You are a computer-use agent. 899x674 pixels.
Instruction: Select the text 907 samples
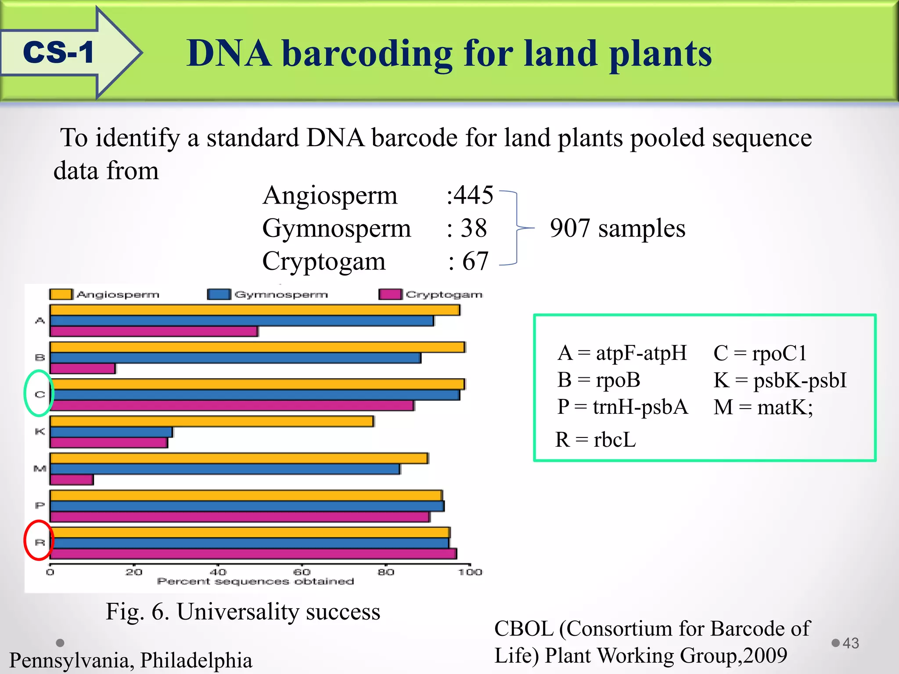[x=617, y=229]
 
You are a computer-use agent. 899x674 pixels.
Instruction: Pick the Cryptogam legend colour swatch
[x=390, y=294]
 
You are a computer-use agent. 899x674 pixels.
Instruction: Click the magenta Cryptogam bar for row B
[x=83, y=369]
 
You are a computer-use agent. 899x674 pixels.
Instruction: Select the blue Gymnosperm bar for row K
[x=111, y=432]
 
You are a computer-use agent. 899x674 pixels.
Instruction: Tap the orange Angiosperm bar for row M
[x=238, y=459]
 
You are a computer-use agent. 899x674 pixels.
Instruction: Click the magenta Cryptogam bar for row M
[x=72, y=480]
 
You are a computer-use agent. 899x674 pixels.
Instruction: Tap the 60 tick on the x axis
[x=302, y=572]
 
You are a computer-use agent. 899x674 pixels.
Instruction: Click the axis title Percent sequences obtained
[x=255, y=581]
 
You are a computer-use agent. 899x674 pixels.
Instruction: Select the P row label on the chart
[x=40, y=506]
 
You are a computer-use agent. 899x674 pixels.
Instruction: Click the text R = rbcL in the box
[x=595, y=440]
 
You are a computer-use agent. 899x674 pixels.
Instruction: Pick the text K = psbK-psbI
[x=780, y=380]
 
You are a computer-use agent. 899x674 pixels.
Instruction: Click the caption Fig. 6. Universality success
[x=243, y=612]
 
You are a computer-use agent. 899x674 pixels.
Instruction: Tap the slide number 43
[x=850, y=643]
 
